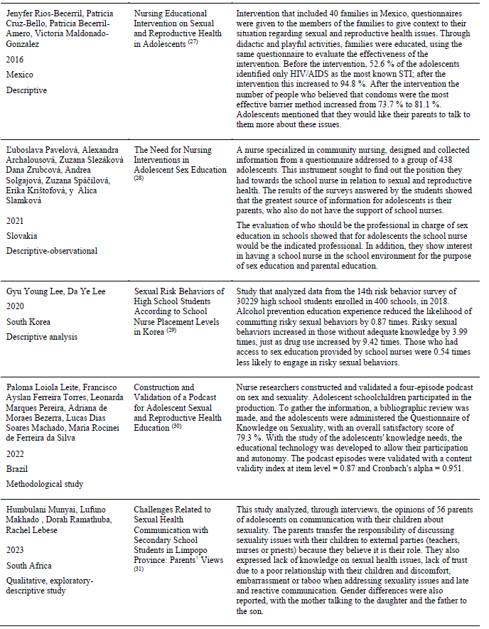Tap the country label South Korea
pos(28,322)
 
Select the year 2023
pos(16,550)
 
